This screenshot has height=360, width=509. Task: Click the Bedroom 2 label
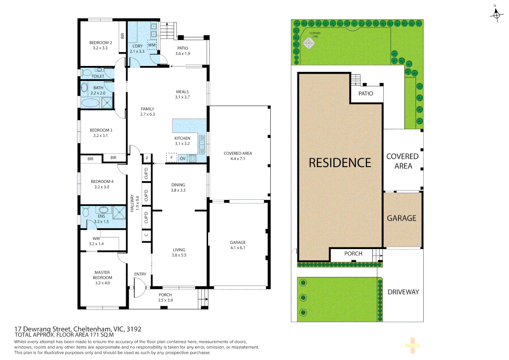point(100,45)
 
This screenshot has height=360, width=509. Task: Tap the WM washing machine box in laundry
point(152,45)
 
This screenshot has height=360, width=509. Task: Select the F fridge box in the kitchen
point(172,158)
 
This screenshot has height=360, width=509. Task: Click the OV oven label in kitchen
point(183,159)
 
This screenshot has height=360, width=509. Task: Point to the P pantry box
point(147,158)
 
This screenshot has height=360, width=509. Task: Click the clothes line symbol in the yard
point(309,43)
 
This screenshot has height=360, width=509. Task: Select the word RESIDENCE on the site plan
point(339,163)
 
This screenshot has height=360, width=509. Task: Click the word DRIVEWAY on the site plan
point(403,292)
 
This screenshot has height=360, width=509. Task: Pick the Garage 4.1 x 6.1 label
point(238,245)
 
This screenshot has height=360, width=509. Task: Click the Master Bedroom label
point(102,278)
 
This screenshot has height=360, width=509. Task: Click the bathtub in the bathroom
point(90,103)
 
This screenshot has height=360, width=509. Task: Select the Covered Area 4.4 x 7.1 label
point(238,156)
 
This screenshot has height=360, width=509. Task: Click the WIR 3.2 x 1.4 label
point(96,241)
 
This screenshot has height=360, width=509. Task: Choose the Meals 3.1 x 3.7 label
point(182,94)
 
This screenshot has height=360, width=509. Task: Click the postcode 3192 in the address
point(134,329)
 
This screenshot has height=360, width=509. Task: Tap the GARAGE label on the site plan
point(401,218)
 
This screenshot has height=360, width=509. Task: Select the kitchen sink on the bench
point(202,144)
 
